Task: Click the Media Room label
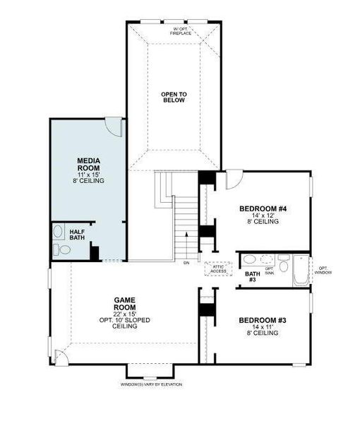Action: pyautogui.click(x=88, y=165)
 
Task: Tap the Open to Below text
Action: pyautogui.click(x=173, y=97)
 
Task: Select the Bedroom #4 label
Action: pyautogui.click(x=263, y=208)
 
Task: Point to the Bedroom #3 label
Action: pyautogui.click(x=262, y=321)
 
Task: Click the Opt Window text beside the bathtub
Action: pyautogui.click(x=323, y=270)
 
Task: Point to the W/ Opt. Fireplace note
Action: pyautogui.click(x=182, y=31)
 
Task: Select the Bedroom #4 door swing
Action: pyautogui.click(x=233, y=179)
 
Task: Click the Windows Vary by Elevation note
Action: pyautogui.click(x=150, y=384)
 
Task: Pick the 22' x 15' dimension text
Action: pyautogui.click(x=125, y=313)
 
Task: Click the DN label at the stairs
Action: pyautogui.click(x=186, y=263)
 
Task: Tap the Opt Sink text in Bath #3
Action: pyautogui.click(x=268, y=270)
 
